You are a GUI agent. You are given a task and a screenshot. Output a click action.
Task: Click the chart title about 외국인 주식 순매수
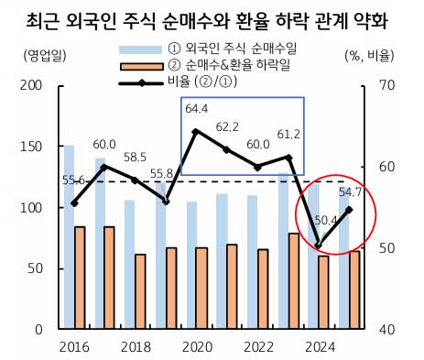[x=211, y=19]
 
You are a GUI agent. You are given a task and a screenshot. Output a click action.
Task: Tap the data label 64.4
[x=197, y=109]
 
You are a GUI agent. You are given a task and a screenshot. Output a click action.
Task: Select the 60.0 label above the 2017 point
[x=104, y=145]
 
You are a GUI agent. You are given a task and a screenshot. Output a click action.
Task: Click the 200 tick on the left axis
[x=33, y=86]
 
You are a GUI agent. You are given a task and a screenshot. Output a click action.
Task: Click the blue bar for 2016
[x=69, y=238]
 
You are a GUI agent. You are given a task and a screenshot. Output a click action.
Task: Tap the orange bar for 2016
[x=80, y=278]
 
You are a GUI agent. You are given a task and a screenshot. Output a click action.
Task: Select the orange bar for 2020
[x=201, y=288]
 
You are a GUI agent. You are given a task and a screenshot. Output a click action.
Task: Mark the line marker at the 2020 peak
[x=196, y=131]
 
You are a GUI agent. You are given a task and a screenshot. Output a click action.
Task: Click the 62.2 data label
[x=227, y=126]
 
